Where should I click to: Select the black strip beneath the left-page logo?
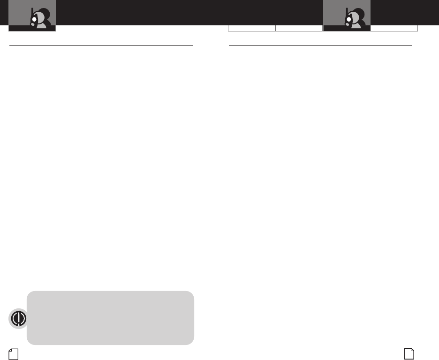(x=32, y=29)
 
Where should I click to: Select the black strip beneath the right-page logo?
(x=347, y=29)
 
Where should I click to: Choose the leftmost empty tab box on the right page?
(x=251, y=28)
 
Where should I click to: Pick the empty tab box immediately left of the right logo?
(x=299, y=28)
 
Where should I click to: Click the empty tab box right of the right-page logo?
(x=394, y=28)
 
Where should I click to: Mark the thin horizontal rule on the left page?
(x=101, y=46)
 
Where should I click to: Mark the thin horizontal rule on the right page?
(x=320, y=46)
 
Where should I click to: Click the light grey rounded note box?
(x=110, y=318)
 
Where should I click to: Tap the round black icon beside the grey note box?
(x=18, y=318)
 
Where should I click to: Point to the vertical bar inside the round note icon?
(x=18, y=318)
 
